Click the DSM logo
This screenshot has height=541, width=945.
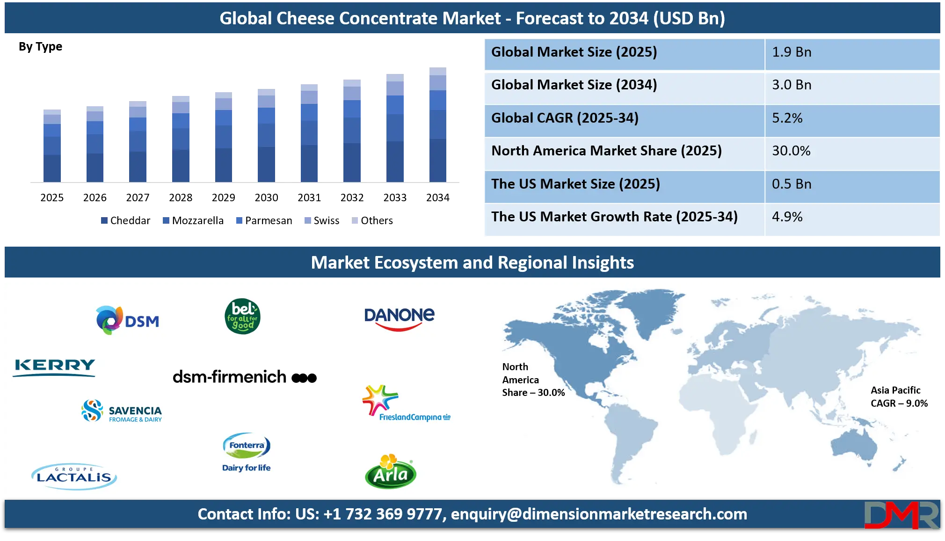point(128,320)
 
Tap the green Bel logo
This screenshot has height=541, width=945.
point(242,316)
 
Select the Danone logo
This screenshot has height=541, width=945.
point(399,319)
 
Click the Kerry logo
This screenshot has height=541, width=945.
point(55,367)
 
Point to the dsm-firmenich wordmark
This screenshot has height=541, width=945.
point(244,377)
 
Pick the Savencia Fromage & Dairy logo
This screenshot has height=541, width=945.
point(122,411)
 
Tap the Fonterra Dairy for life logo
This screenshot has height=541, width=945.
point(247,452)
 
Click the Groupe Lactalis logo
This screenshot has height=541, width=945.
point(74,476)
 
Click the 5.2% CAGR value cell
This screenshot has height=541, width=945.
point(851,118)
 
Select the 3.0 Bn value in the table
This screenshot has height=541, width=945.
point(851,85)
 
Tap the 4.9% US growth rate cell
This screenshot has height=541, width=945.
point(851,217)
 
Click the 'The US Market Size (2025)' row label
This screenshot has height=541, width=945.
point(575,184)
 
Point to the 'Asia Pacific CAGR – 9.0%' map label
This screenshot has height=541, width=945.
point(899,397)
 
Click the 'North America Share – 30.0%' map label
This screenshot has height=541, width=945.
point(533,380)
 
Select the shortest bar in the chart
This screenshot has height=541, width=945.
point(52,146)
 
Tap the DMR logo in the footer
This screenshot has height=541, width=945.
point(901,515)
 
